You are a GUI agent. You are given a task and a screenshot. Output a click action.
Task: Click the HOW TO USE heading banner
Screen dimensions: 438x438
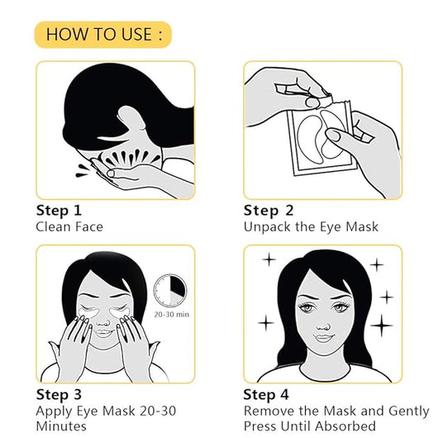pyautogui.click(x=102, y=34)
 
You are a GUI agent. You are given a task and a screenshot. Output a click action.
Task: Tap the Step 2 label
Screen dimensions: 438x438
pyautogui.click(x=268, y=210)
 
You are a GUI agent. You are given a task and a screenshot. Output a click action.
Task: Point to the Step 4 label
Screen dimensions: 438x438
pyautogui.click(x=268, y=394)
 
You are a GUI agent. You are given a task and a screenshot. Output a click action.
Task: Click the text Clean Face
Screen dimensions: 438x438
pyautogui.click(x=69, y=226)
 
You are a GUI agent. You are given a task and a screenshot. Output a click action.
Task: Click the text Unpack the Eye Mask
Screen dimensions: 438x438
pyautogui.click(x=310, y=226)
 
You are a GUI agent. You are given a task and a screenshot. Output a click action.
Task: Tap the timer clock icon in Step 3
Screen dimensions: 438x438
pyautogui.click(x=170, y=290)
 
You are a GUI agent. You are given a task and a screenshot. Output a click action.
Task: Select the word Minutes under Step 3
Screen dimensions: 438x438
pyautogui.click(x=61, y=426)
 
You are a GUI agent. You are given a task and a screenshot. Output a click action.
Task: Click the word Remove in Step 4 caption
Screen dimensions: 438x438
pyautogui.click(x=268, y=410)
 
